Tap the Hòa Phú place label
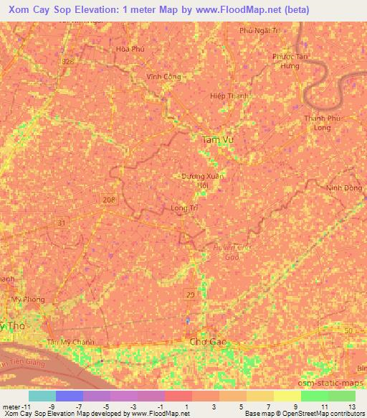[130, 50]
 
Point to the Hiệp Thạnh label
[223, 95]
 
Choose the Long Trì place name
[184, 208]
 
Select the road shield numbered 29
[191, 295]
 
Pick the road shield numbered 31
[62, 223]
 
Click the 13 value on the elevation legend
[352, 407]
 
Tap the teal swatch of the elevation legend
[42, 396]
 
